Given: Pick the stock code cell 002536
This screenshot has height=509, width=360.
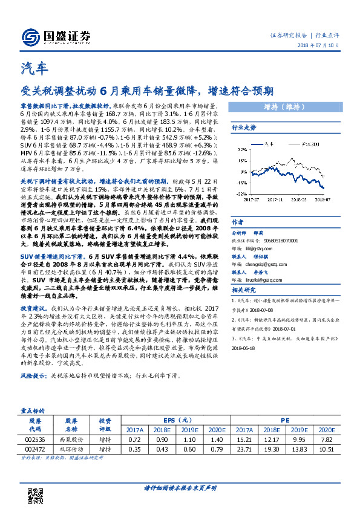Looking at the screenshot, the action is pos(34,440).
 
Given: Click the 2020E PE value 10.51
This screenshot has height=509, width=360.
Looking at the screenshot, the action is pos(326,450).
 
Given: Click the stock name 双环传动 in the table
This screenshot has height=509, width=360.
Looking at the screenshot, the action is pos(71,450).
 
